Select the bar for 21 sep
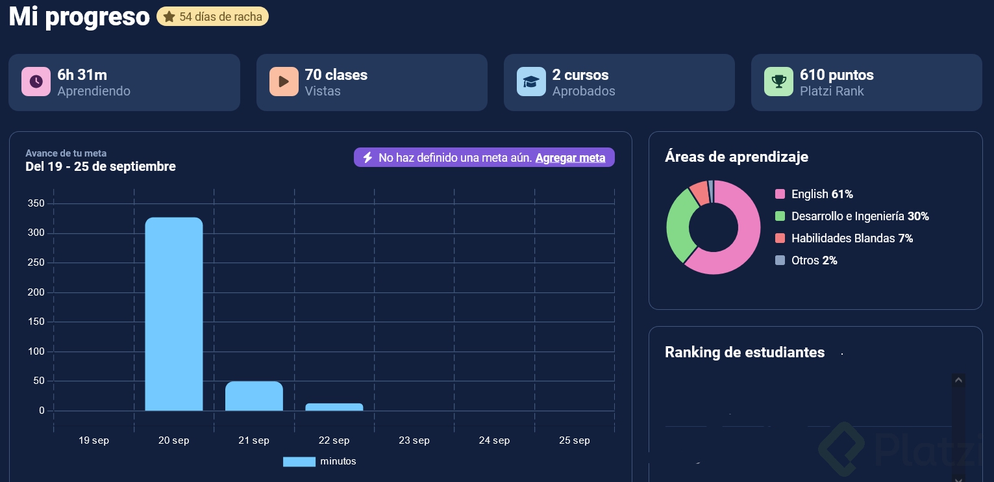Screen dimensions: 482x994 [254, 396]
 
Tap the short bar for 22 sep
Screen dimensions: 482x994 [334, 407]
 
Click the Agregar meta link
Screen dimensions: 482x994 [570, 158]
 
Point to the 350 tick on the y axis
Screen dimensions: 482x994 [36, 204]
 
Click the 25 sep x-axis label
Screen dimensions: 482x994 [574, 440]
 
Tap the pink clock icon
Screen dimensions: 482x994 [36, 82]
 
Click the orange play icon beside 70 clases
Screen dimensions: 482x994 [284, 82]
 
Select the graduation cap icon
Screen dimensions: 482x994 [531, 82]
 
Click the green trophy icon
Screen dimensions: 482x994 [778, 82]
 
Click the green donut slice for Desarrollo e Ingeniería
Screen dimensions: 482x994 [678, 224]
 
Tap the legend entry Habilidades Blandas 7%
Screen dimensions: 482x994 [844, 238]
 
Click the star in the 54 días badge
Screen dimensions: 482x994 [169, 17]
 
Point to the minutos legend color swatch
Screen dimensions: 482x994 [299, 462]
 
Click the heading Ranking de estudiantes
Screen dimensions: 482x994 [745, 353]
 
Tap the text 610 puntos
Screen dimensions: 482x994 [836, 75]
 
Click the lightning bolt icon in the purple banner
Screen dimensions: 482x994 [367, 158]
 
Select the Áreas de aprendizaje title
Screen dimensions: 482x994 [736, 157]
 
